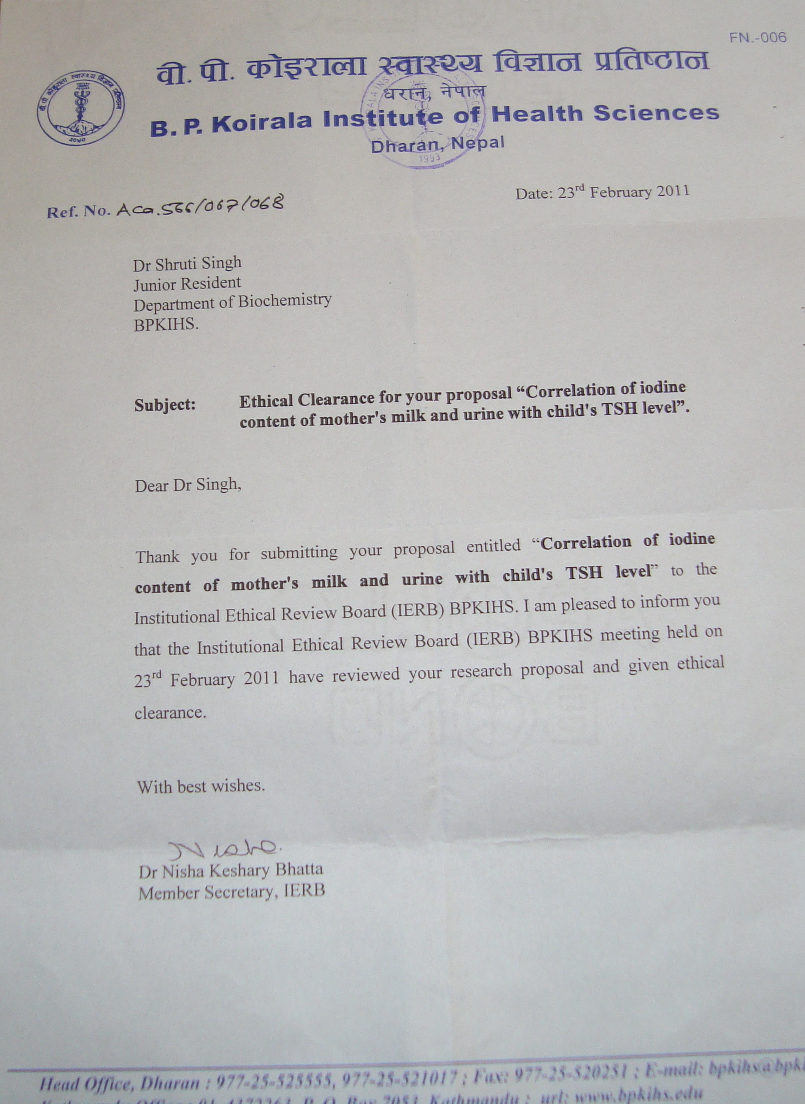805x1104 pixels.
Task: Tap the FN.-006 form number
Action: pos(758,37)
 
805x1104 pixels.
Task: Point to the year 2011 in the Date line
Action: pos(673,191)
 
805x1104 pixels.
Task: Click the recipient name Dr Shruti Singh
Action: pos(188,263)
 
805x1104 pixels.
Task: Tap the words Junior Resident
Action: pos(187,283)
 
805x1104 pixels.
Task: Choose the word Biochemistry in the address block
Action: pos(285,301)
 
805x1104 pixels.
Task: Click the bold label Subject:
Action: pos(165,405)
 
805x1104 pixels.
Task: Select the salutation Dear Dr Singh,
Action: pos(188,486)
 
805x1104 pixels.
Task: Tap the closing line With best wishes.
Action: pos(201,787)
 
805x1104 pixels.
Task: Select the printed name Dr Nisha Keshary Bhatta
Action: pos(230,871)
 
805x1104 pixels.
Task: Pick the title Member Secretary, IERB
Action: pos(231,892)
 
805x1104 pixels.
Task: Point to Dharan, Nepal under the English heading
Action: pos(437,145)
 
